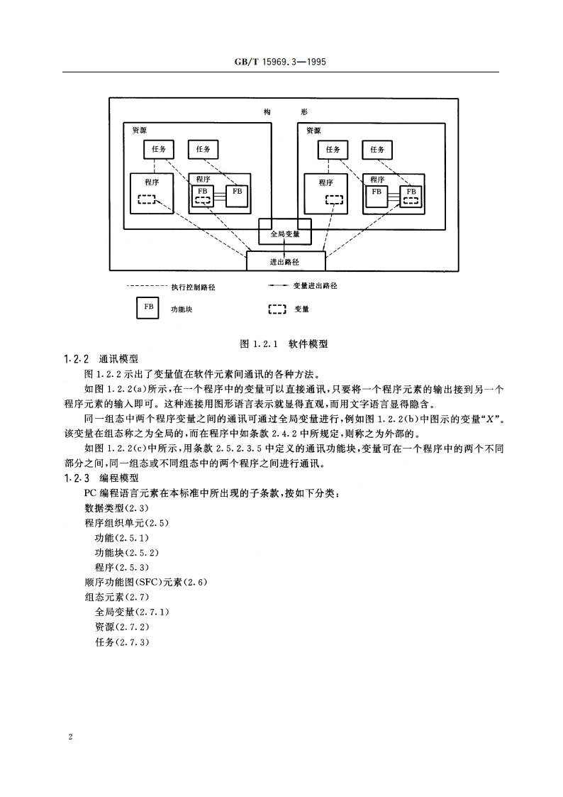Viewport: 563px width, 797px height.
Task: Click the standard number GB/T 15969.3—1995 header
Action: click(x=281, y=62)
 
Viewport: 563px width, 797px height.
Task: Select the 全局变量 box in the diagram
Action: click(x=285, y=233)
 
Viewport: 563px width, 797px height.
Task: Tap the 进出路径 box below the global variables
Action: click(x=285, y=262)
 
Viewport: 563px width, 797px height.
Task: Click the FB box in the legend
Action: click(x=148, y=308)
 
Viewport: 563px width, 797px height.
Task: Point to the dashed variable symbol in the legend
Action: click(x=277, y=309)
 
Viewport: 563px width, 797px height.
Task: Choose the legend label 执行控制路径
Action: click(x=192, y=287)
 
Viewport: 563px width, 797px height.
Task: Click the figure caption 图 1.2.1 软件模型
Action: click(x=284, y=343)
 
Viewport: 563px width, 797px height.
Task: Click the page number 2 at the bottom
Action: click(x=70, y=737)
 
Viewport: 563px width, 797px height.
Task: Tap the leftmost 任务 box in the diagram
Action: click(x=159, y=150)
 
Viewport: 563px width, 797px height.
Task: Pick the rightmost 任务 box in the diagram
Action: click(x=377, y=150)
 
